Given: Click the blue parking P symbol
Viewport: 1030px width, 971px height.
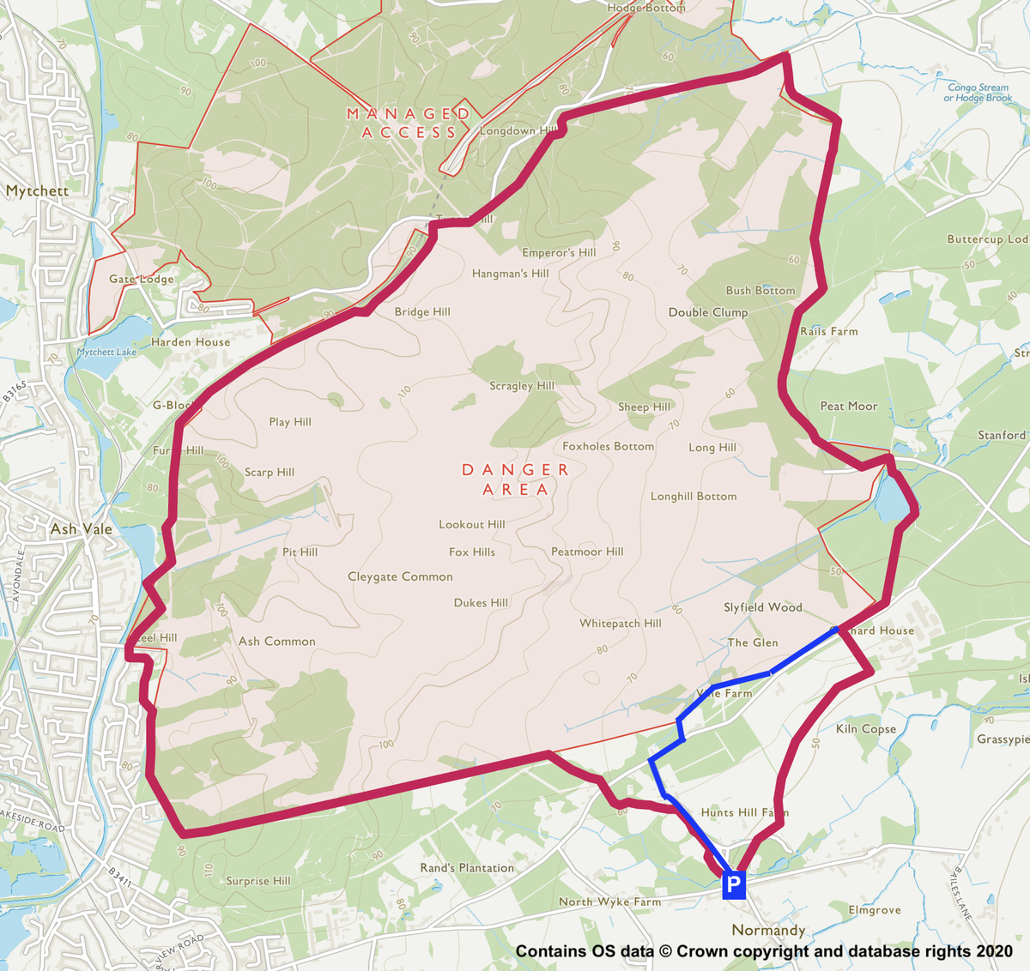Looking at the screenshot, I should coord(733,884).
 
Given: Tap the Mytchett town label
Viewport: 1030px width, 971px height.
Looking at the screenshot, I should coord(37,190).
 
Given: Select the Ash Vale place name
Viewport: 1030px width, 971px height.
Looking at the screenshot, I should coord(81,529).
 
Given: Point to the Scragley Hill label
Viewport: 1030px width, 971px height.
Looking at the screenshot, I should coord(522,386).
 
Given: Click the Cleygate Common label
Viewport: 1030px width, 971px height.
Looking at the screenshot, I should coord(400,576).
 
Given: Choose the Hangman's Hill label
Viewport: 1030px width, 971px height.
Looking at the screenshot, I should coord(510,274).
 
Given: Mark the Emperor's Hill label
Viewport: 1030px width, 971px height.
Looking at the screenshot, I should coord(559,253).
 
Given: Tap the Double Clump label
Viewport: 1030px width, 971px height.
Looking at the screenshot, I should coord(708,312).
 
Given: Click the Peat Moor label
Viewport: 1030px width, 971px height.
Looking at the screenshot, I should coord(849,406).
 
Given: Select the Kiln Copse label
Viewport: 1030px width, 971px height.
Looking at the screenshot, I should coord(866,729).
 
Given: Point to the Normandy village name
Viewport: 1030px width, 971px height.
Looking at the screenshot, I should coord(768,931).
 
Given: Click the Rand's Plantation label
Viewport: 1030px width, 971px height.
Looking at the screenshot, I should coord(467,868).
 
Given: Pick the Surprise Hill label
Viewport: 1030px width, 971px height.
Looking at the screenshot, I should coord(257,881).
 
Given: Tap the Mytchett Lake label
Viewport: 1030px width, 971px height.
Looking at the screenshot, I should coord(106,352).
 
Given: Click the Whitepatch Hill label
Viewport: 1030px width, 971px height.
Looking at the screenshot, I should coord(620,624).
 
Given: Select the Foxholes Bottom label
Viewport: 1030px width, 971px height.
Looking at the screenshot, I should coord(608,447).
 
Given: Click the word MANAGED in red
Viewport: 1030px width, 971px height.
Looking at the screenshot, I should coord(409,113).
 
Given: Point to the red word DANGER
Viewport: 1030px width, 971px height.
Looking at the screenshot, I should coord(515,469).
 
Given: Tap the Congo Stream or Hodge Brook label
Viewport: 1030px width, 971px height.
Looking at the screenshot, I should coord(978,93).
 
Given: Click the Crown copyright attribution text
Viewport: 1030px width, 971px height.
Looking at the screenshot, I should coord(764,951).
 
